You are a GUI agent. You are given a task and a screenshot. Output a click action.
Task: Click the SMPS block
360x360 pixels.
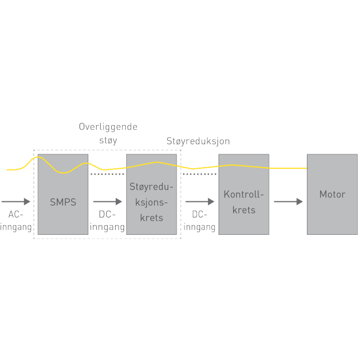pyautogui.click(x=63, y=215)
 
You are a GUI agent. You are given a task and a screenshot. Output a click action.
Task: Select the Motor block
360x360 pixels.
pyautogui.click(x=332, y=215)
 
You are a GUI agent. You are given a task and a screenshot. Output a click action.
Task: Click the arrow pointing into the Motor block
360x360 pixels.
pyautogui.click(x=288, y=202)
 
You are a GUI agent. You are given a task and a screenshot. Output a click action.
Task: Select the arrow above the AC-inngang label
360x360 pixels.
pyautogui.click(x=16, y=202)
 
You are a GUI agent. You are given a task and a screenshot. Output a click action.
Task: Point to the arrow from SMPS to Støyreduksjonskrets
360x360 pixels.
pyautogui.click(x=107, y=202)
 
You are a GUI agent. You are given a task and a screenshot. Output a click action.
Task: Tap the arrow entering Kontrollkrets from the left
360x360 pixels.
pyautogui.click(x=200, y=202)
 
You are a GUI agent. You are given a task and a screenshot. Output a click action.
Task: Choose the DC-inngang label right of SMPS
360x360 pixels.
pyautogui.click(x=107, y=221)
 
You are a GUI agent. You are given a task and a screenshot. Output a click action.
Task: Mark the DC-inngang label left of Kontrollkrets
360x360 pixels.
pyautogui.click(x=200, y=221)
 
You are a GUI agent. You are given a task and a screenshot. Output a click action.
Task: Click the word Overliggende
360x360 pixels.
pyautogui.click(x=108, y=127)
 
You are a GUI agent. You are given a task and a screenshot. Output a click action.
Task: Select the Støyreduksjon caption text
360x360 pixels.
pyautogui.click(x=198, y=141)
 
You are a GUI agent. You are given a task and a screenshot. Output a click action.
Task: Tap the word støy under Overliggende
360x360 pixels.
pyautogui.click(x=108, y=141)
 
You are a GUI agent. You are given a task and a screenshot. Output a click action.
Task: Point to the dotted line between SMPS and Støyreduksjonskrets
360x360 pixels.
pyautogui.click(x=107, y=174)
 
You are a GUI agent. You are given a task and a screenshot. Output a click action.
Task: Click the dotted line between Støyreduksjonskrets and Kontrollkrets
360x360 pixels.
pyautogui.click(x=200, y=174)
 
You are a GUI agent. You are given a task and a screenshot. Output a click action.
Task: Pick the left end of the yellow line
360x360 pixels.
pyautogui.click(x=8, y=169)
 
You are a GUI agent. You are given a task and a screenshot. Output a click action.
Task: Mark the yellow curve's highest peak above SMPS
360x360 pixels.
pyautogui.click(x=38, y=157)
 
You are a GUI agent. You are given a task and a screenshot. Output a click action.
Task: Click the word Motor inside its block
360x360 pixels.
pyautogui.click(x=332, y=195)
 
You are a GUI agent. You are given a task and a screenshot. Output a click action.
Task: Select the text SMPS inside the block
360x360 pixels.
pyautogui.click(x=63, y=202)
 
